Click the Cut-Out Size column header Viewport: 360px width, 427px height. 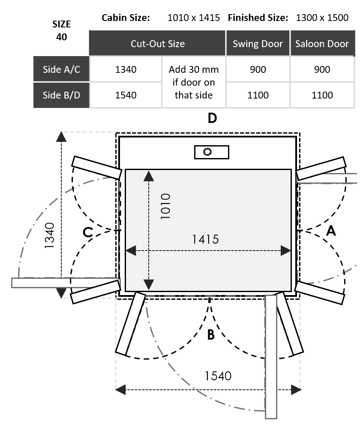[x=158, y=44]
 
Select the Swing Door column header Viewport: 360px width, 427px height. [x=258, y=44]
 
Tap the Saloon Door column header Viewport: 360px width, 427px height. [x=322, y=44]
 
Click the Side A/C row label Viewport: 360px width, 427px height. [x=61, y=69]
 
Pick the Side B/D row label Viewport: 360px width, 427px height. [x=61, y=95]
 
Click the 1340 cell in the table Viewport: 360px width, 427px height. [x=126, y=69]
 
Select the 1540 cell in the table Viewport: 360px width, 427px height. [x=126, y=95]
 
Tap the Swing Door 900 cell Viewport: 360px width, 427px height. [x=258, y=69]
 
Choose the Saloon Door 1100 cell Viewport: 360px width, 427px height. [x=322, y=95]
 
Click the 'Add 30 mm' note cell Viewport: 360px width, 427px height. [x=194, y=82]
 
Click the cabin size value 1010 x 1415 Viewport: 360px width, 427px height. [x=194, y=18]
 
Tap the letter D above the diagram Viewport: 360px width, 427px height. [x=212, y=118]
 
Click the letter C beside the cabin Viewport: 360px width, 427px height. [x=87, y=232]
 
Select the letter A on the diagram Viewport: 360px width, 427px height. [x=331, y=231]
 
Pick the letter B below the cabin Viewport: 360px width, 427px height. [x=210, y=334]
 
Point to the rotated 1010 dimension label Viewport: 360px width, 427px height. [x=165, y=206]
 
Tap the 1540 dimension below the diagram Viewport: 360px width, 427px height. [x=218, y=376]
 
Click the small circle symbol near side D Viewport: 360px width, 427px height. [x=208, y=152]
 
